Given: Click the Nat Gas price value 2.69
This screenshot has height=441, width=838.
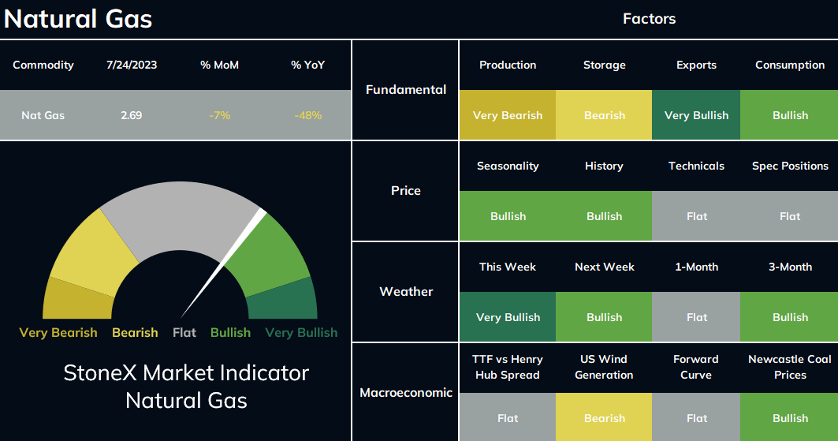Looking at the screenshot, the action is pos(132,115).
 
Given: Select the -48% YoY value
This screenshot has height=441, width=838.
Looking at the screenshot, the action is pos(307,115).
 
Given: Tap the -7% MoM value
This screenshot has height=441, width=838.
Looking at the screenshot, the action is pos(220,115).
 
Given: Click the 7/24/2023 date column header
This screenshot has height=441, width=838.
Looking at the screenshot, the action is pos(132,65).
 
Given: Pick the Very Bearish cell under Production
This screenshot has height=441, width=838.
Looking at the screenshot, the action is pos(508,115).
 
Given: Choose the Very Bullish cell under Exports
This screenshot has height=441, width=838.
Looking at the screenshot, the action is pos(696,115).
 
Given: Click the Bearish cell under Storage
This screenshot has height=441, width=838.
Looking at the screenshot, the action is pos(604,115).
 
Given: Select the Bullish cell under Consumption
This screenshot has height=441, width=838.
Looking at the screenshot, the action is pos(789,115).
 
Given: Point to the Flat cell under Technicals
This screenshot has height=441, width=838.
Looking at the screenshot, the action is pos(696,216).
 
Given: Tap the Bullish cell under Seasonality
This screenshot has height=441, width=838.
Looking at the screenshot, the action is pos(508,216).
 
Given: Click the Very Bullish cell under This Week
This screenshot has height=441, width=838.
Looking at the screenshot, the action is pos(508,317).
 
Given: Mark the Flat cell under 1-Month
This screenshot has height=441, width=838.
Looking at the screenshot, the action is pos(696,317).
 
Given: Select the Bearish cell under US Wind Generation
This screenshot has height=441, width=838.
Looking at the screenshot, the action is pos(604,417).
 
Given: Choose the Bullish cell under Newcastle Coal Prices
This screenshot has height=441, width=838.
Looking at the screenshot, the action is pos(789,417).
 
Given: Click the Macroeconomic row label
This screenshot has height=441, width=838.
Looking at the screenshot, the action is pos(406,393).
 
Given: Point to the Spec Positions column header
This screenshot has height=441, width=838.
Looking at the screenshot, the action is pos(790,166).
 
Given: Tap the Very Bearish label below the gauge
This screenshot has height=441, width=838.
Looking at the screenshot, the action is pos(58,332).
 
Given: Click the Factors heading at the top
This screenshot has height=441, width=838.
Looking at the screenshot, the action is pos(650,19).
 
